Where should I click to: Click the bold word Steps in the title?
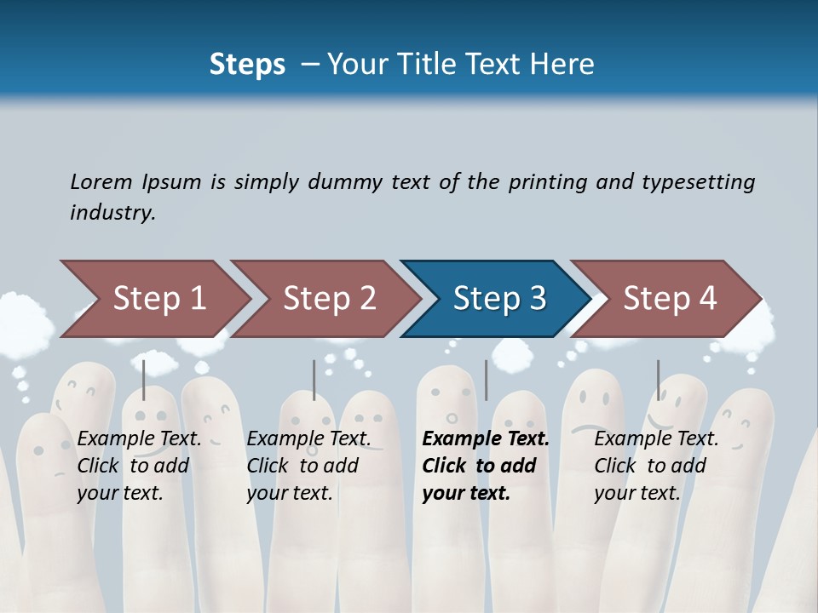(x=247, y=64)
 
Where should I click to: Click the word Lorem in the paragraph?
(x=101, y=181)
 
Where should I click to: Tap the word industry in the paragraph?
(x=112, y=213)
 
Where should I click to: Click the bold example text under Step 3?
(x=486, y=466)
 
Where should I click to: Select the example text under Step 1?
(x=139, y=466)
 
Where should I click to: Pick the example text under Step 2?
(x=308, y=466)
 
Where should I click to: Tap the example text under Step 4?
(x=656, y=466)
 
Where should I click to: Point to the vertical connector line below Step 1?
(x=144, y=380)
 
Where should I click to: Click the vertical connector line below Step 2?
(x=314, y=380)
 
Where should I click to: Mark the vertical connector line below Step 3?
(x=486, y=380)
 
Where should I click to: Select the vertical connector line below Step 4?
(x=658, y=380)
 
